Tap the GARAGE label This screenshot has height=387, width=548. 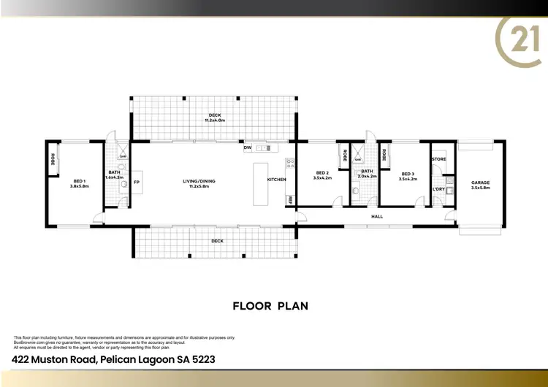[x=480, y=183]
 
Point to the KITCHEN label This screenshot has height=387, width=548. [x=276, y=180]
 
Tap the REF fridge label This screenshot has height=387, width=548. [x=290, y=199]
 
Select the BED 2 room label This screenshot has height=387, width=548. [x=322, y=174]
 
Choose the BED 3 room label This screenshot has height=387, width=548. [x=407, y=174]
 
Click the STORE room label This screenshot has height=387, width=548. [x=438, y=159]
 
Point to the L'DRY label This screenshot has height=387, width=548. [x=438, y=190]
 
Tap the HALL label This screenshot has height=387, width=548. [x=377, y=216]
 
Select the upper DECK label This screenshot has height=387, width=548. [x=215, y=115]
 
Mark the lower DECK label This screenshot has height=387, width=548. [x=217, y=240]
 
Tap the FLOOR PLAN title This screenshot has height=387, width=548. [x=270, y=305]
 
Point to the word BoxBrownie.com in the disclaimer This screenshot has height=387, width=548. [x=28, y=342]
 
